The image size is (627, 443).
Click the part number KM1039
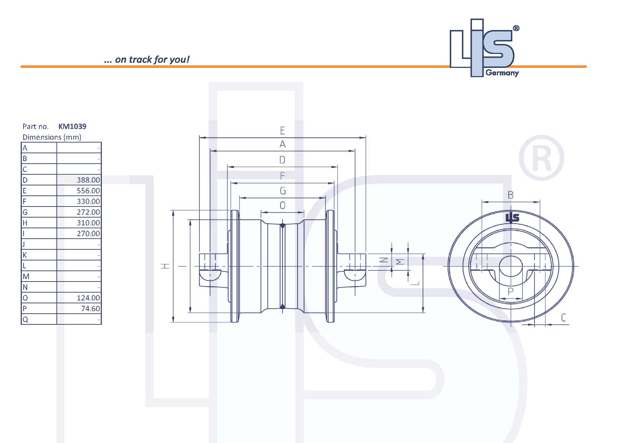pyautogui.click(x=72, y=126)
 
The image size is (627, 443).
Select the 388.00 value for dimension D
pyautogui.click(x=88, y=180)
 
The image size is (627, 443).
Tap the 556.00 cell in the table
pyautogui.click(x=88, y=191)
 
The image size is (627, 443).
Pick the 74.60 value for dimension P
pyautogui.click(x=90, y=309)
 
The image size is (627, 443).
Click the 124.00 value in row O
pyautogui.click(x=88, y=298)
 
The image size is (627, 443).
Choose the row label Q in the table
pyautogui.click(x=25, y=319)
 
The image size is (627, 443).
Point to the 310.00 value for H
pyautogui.click(x=88, y=223)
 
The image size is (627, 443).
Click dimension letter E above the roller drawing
pyautogui.click(x=282, y=130)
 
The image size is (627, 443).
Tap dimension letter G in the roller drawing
pyautogui.click(x=283, y=191)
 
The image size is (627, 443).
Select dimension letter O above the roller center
pyautogui.click(x=283, y=205)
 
